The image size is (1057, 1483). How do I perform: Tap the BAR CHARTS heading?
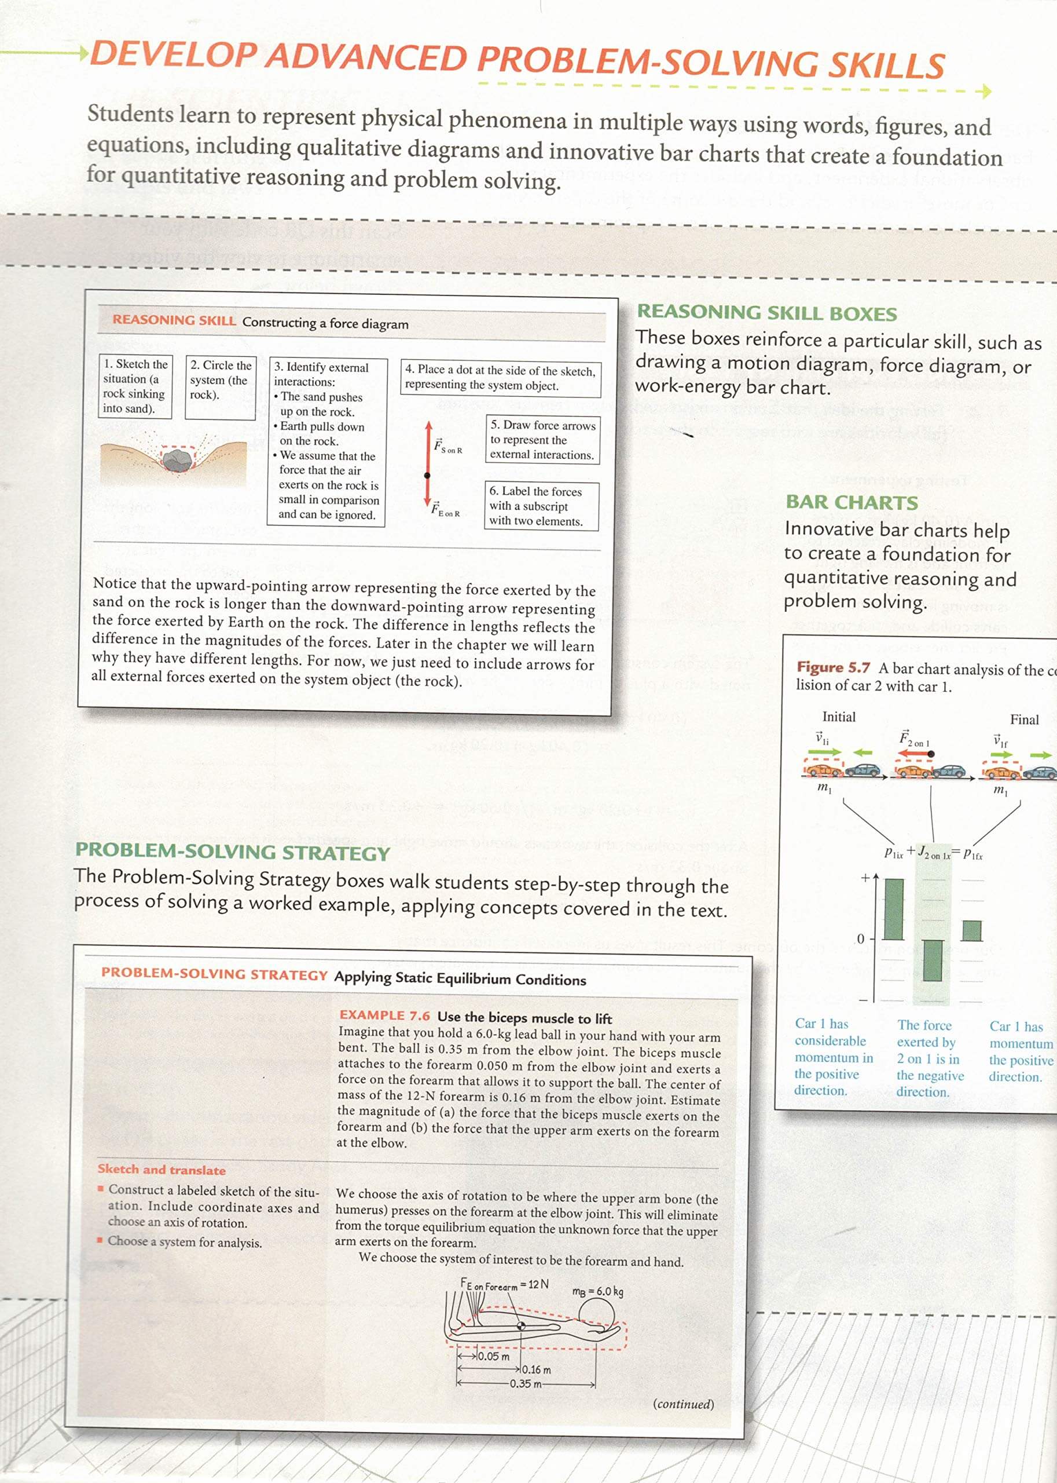(852, 502)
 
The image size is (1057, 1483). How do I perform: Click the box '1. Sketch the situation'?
(135, 386)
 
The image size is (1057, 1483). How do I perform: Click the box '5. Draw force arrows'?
(542, 440)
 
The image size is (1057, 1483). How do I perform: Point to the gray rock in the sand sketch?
(177, 462)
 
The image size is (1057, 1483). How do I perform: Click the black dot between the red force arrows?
(428, 476)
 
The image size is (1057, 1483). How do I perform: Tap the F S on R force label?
(448, 446)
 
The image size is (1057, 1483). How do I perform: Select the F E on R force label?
(445, 509)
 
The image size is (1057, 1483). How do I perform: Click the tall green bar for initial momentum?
(894, 908)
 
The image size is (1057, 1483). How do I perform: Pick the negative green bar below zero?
(933, 960)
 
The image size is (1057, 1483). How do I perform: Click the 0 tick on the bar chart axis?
(860, 938)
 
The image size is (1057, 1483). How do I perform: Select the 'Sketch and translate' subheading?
(162, 1170)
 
